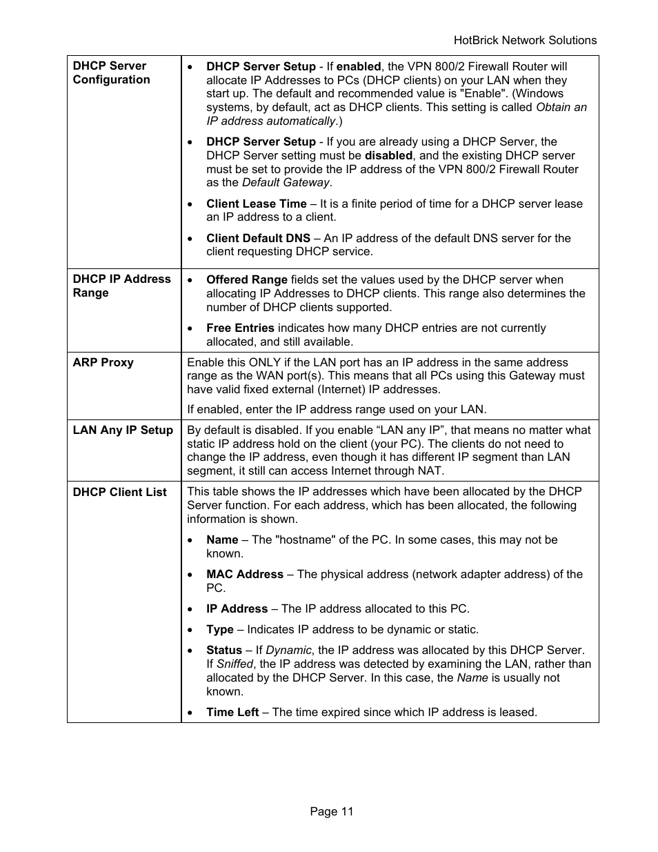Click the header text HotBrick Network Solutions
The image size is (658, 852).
point(525,40)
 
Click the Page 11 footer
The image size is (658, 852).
point(331,811)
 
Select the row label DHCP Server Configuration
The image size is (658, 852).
point(111,72)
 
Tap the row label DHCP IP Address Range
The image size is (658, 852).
point(121,286)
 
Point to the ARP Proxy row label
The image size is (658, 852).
point(103,362)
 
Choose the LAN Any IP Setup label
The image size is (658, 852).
point(123,430)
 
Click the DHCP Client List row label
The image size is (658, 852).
point(120,492)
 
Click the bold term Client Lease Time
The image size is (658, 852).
point(256,204)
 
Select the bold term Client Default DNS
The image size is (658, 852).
point(258,238)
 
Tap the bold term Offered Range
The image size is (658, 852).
point(246,279)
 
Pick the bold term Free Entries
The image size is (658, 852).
point(240,328)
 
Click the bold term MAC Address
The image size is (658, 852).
point(244,574)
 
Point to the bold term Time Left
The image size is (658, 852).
point(232,712)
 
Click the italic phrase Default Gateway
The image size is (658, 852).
point(286,182)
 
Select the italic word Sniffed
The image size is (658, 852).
point(235,664)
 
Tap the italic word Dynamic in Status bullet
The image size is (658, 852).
point(288,650)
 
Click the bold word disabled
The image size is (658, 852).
point(388,155)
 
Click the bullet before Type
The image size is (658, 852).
point(190,630)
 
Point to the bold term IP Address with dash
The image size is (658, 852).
point(237,608)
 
